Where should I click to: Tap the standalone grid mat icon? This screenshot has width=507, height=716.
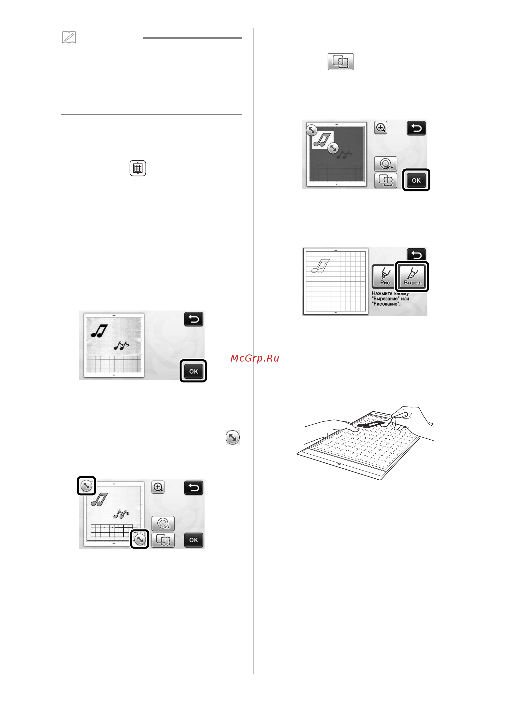pos(138,168)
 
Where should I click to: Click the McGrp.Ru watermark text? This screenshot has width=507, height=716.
pos(255,358)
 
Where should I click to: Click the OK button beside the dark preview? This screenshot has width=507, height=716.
pos(416,180)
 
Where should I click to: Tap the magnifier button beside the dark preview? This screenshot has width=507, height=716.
pos(381,128)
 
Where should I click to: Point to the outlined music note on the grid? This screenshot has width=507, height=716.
pos(321,266)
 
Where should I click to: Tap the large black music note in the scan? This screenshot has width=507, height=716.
pos(99,331)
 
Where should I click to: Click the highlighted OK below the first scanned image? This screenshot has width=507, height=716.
pos(193,371)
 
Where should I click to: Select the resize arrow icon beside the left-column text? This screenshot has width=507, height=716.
pos(233,437)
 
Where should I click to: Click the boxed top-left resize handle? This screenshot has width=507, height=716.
pos(86,486)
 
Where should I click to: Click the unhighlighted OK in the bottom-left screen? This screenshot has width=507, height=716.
pos(193,540)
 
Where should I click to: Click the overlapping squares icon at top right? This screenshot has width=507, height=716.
pos(340,62)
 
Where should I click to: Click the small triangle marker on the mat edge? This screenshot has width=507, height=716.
pos(338,464)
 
